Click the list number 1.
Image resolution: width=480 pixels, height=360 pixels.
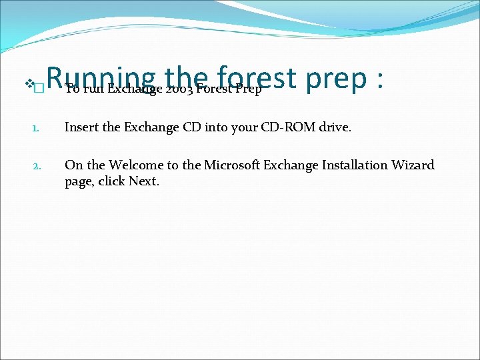tap(38, 128)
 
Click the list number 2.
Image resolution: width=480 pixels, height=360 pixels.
tap(38, 165)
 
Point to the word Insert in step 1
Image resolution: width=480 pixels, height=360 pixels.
tap(82, 127)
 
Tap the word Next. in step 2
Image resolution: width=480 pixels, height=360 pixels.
tap(145, 181)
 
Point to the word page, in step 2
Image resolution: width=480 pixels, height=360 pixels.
tap(79, 182)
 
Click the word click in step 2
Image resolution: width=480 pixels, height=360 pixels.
tap(111, 181)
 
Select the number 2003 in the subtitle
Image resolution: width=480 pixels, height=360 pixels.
tap(179, 89)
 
